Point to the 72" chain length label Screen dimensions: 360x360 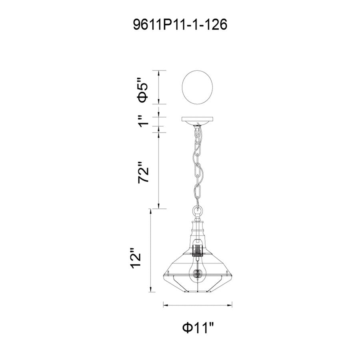pyautogui.click(x=143, y=172)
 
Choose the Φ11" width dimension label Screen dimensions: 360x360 pyautogui.click(x=198, y=328)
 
